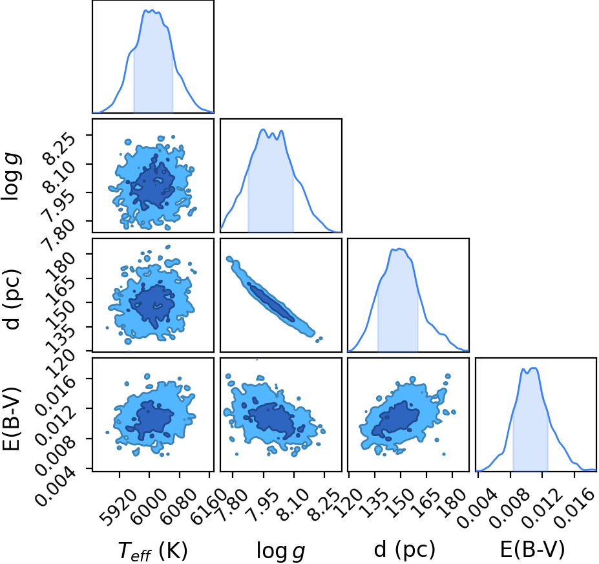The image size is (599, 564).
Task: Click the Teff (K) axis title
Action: (x=152, y=551)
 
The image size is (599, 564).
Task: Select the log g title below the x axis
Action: (x=281, y=551)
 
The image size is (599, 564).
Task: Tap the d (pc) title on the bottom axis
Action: (x=405, y=550)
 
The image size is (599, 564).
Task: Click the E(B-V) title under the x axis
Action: (x=532, y=550)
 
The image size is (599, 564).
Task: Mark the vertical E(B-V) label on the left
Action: (x=11, y=419)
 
